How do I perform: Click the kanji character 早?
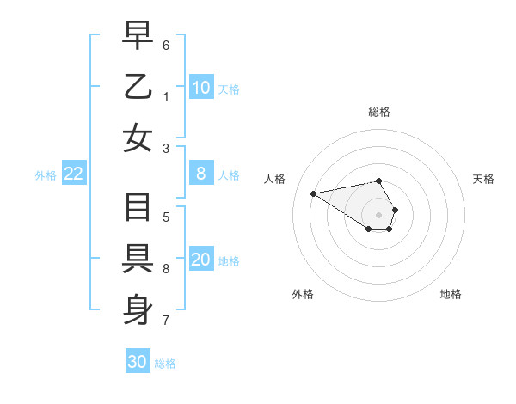pyautogui.click(x=138, y=36)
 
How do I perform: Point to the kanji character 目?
pyautogui.click(x=138, y=209)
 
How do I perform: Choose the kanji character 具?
pyautogui.click(x=138, y=259)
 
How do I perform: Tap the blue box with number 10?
pyautogui.click(x=201, y=87)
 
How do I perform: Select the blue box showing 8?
pyautogui.click(x=201, y=174)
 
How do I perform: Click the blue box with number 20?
pyautogui.click(x=201, y=260)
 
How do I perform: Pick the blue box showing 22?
pyautogui.click(x=74, y=174)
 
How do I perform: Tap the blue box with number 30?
pyautogui.click(x=138, y=362)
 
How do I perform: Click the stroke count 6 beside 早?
pyautogui.click(x=166, y=44)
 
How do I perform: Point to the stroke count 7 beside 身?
pyautogui.click(x=166, y=321)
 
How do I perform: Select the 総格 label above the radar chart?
pyautogui.click(x=378, y=112)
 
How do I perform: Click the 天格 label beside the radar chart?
pyautogui.click(x=483, y=179)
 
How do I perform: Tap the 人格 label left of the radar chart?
pyautogui.click(x=275, y=179)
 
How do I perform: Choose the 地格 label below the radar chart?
pyautogui.click(x=451, y=294)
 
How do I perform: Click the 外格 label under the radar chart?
pyautogui.click(x=303, y=294)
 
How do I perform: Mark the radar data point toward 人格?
pyautogui.click(x=313, y=193)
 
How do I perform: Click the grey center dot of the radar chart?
pyautogui.click(x=378, y=214)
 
